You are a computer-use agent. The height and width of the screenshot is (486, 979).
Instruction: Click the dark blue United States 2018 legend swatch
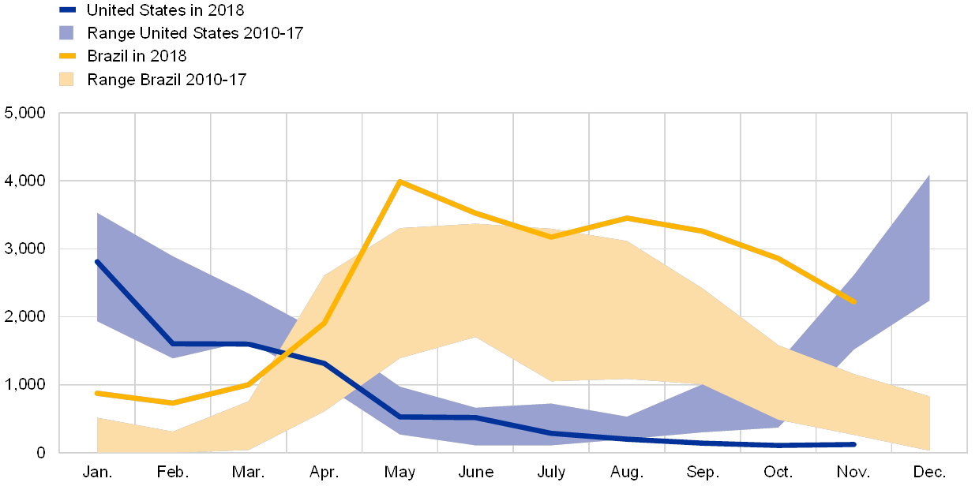point(68,10)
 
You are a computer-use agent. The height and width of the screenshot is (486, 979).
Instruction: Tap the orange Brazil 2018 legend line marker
point(68,56)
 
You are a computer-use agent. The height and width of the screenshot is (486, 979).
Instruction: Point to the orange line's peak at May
point(400,181)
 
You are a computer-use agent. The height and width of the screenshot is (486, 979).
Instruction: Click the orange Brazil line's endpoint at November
point(854,301)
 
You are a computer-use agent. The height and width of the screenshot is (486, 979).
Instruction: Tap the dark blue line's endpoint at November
point(854,444)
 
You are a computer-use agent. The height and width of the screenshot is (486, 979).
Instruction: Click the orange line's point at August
point(627,217)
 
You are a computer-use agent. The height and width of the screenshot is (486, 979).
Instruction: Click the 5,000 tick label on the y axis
point(25,114)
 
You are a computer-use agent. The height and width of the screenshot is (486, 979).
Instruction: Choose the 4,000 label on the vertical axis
point(25,181)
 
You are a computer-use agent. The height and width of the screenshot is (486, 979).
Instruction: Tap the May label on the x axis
point(400,473)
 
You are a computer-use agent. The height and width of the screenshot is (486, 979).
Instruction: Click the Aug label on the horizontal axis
point(627,473)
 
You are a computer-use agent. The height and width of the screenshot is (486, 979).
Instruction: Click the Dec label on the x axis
point(929,473)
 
